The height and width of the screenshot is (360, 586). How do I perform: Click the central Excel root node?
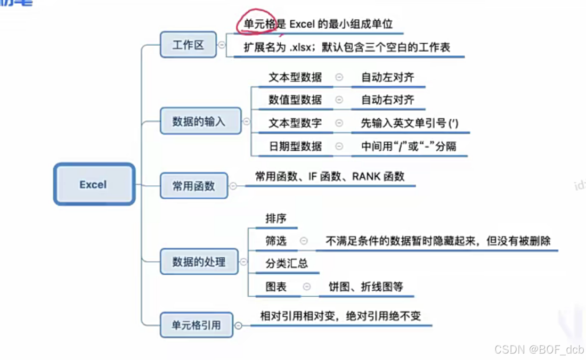(x=94, y=184)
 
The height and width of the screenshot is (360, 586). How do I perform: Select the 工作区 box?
(x=188, y=45)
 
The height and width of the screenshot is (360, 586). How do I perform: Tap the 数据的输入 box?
(x=199, y=121)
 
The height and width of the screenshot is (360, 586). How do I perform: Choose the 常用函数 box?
(x=193, y=185)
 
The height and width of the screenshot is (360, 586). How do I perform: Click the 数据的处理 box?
(x=199, y=262)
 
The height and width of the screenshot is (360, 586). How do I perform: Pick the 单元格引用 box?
(x=196, y=324)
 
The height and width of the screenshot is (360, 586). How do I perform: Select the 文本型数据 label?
(x=295, y=77)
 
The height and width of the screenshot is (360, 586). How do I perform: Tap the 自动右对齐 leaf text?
(x=387, y=100)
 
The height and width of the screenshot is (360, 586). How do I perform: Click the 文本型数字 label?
(x=295, y=123)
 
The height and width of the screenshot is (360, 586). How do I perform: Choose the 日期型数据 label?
(x=295, y=146)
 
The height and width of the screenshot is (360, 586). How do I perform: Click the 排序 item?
(x=276, y=218)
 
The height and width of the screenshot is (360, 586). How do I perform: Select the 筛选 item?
(x=276, y=241)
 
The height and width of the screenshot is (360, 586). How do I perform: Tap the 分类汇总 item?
(x=287, y=264)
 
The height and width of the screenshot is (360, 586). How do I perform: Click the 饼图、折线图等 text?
(x=365, y=287)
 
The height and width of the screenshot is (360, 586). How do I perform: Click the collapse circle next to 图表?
(x=306, y=287)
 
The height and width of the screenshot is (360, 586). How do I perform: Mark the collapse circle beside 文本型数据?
(x=339, y=77)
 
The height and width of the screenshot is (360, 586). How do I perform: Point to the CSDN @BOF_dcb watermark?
(x=539, y=349)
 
